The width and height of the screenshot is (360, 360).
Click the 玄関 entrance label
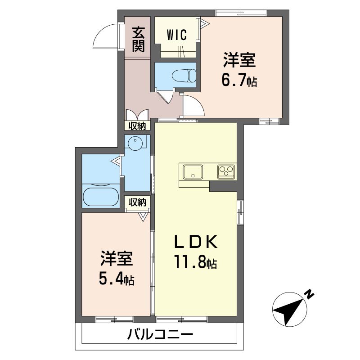(138, 39)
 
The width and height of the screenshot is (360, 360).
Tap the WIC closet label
(177, 35)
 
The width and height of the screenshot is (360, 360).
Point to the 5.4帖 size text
(117, 279)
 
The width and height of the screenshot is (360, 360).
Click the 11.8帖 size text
(196, 262)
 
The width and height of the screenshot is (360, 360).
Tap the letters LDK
(196, 242)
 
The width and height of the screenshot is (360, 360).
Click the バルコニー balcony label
(160, 335)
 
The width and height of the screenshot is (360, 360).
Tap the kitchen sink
(193, 171)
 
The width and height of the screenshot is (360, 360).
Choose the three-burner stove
(226, 172)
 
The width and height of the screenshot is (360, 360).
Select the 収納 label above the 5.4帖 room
(137, 202)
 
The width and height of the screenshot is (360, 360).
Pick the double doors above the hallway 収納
(137, 115)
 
